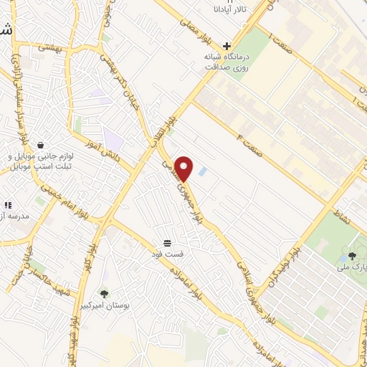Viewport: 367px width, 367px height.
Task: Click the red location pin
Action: click(184, 168)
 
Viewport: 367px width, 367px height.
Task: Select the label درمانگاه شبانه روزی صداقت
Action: click(219, 62)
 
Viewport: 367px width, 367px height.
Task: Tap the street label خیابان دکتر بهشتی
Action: click(119, 79)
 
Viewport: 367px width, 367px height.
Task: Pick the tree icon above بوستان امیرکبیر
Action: click(105, 293)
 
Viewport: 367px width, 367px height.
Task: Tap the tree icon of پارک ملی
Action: click(352, 256)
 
